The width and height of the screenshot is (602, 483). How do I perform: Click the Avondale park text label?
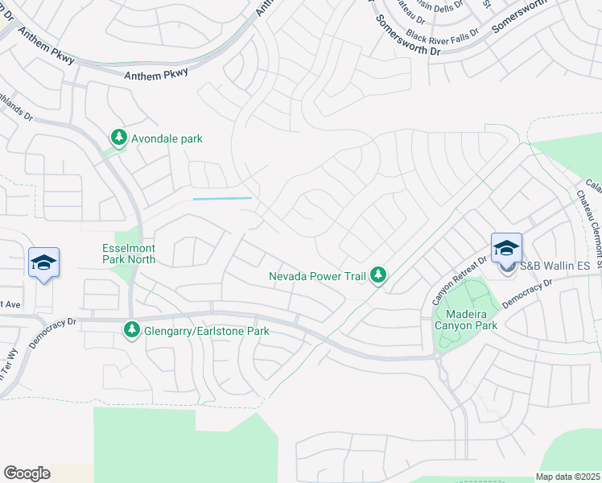(x=168, y=138)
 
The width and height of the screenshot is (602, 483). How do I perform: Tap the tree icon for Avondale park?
(x=119, y=138)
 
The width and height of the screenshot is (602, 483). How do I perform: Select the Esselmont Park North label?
(x=129, y=254)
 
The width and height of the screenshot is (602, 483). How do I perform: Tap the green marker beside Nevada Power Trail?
(x=378, y=276)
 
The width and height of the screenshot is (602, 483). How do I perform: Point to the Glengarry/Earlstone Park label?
(x=206, y=331)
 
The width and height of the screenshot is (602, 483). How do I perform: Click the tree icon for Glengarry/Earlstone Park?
(x=131, y=330)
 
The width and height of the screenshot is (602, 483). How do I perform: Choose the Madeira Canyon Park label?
(x=466, y=319)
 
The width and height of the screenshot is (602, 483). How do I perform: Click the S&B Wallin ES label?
(x=555, y=266)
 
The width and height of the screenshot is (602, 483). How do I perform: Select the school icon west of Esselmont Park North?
(x=43, y=262)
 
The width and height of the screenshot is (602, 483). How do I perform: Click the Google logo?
(x=27, y=473)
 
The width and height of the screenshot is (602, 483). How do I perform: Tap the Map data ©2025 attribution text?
(x=568, y=477)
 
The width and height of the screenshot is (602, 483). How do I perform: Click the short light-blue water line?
(x=222, y=199)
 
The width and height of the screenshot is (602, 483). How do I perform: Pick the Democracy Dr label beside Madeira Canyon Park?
(x=528, y=295)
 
